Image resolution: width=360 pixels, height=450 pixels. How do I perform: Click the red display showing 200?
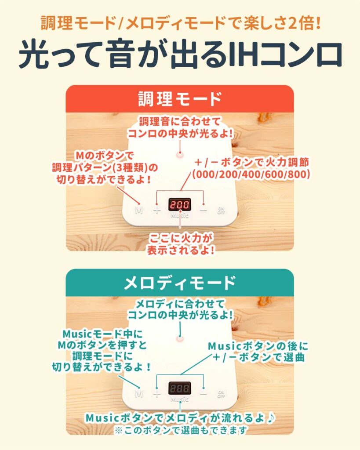(x=179, y=205)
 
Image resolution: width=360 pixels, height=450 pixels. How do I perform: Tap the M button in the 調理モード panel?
(x=139, y=210)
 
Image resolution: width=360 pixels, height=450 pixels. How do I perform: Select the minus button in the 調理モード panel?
(x=203, y=209)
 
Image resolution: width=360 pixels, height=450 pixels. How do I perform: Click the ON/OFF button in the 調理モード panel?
(x=221, y=210)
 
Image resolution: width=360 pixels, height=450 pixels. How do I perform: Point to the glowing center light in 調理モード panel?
(x=179, y=154)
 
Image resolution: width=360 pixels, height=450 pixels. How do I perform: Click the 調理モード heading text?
(x=180, y=99)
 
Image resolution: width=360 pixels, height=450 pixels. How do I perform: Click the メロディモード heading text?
(x=180, y=283)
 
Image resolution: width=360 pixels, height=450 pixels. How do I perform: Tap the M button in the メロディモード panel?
(x=139, y=393)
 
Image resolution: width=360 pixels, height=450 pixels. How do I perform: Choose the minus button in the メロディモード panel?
(x=203, y=392)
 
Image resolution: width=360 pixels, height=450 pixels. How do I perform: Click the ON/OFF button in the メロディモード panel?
(x=221, y=393)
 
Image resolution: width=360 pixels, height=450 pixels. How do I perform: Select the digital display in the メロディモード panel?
(x=179, y=388)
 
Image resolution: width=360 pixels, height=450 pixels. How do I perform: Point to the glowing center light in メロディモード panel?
(x=179, y=338)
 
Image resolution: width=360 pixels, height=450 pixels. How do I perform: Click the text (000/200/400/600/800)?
(x=251, y=174)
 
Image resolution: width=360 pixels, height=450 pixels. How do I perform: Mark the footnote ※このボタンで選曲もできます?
(x=180, y=429)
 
